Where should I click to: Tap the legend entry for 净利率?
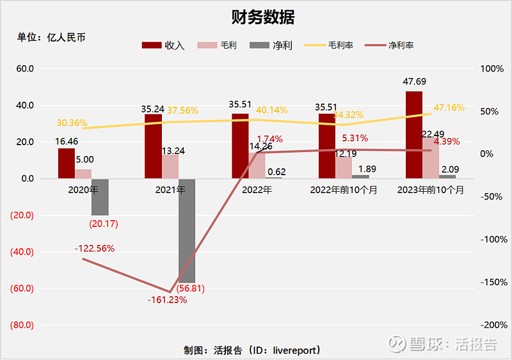pyautogui.click(x=392, y=45)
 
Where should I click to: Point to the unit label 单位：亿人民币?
pyautogui.click(x=51, y=37)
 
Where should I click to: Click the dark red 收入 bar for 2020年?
pyautogui.click(x=67, y=163)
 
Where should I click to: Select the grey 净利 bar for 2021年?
pyautogui.click(x=187, y=230)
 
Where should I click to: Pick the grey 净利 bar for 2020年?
pyautogui.click(x=100, y=197)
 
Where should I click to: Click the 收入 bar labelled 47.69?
pyautogui.click(x=414, y=134)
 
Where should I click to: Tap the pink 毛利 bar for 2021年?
pyautogui.click(x=170, y=166)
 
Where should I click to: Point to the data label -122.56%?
pyautogui.click(x=94, y=248)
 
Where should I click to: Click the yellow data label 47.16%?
pyautogui.click(x=449, y=108)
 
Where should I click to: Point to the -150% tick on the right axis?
pyautogui.click(x=493, y=282)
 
